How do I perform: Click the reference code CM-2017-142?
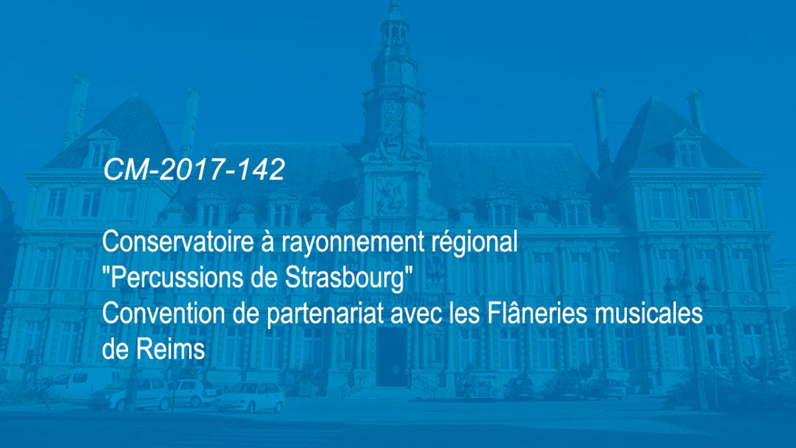pos(194,170)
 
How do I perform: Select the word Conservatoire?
pos(170,242)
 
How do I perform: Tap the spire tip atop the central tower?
pos(394,2)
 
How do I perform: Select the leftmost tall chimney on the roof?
pos(77,110)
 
